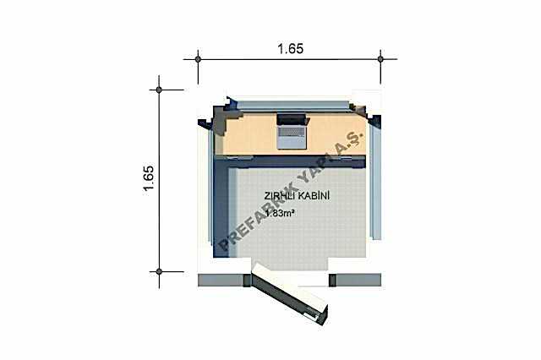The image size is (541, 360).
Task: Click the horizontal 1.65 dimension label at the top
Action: coord(291,49)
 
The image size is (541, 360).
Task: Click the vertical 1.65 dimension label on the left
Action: coord(149,181)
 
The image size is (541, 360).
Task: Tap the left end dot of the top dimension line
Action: coord(198,59)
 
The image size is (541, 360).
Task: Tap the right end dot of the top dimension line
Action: coord(380,59)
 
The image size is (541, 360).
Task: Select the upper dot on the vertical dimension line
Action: coord(159,90)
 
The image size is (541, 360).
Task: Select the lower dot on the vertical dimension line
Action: coord(159,272)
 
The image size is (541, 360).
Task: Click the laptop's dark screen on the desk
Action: coord(292,120)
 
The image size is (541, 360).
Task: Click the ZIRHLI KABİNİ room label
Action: coord(297,196)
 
